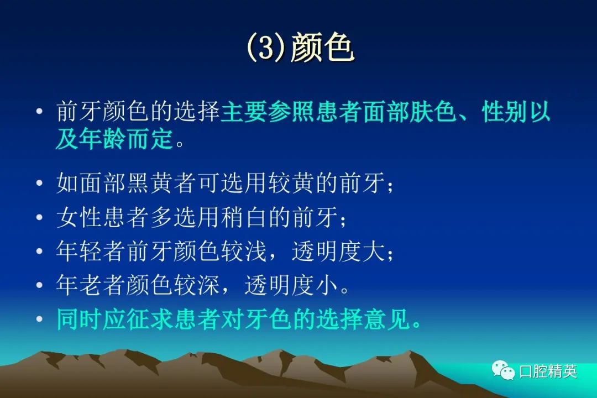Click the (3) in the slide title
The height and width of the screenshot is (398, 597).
pos(266,48)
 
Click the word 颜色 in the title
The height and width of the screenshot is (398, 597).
pos(322,47)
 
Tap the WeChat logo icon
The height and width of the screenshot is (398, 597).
pos(503,370)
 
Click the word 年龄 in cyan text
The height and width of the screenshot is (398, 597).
pos(102,139)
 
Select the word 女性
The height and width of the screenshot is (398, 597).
pos(80,217)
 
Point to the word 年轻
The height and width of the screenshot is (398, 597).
pos(80,251)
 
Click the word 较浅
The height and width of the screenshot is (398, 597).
pos(244,251)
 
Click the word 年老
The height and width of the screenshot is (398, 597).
pos(80,285)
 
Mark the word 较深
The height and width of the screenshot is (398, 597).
pos(197,285)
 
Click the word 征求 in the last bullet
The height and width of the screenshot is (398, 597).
pos(150,319)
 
